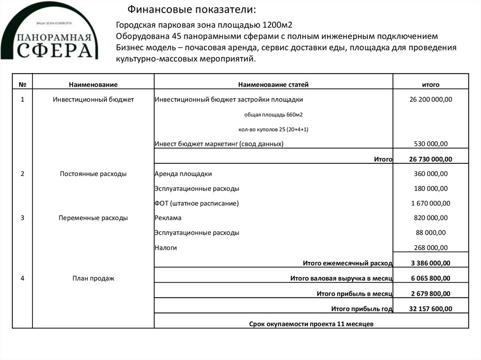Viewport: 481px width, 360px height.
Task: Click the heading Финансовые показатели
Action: coord(193,10)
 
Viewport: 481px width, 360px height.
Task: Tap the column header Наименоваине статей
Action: coord(273,84)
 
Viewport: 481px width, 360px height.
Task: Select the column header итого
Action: coord(431,84)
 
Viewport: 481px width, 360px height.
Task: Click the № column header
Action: coord(22,84)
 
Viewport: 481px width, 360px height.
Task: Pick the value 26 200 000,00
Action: coord(431,100)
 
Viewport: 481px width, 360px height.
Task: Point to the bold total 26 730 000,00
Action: coord(431,160)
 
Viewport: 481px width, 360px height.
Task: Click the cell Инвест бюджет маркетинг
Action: coord(219,144)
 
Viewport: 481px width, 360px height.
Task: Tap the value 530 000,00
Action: coord(431,144)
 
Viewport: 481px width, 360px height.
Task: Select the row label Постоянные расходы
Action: coord(93,174)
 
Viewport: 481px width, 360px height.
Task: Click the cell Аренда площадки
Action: coord(183,174)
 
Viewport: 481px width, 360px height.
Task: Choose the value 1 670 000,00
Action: coord(431,203)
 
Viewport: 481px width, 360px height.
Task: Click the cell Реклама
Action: coord(168,218)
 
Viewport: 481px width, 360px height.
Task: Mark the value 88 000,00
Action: coord(431,233)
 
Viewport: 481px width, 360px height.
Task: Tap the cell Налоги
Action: coord(165,248)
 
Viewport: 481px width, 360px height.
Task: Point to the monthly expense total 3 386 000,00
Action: coord(431,263)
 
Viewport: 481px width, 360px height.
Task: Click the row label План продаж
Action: coord(93,278)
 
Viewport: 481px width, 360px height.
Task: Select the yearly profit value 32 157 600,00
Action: coord(431,309)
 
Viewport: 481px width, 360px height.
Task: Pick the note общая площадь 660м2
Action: coord(273,115)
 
